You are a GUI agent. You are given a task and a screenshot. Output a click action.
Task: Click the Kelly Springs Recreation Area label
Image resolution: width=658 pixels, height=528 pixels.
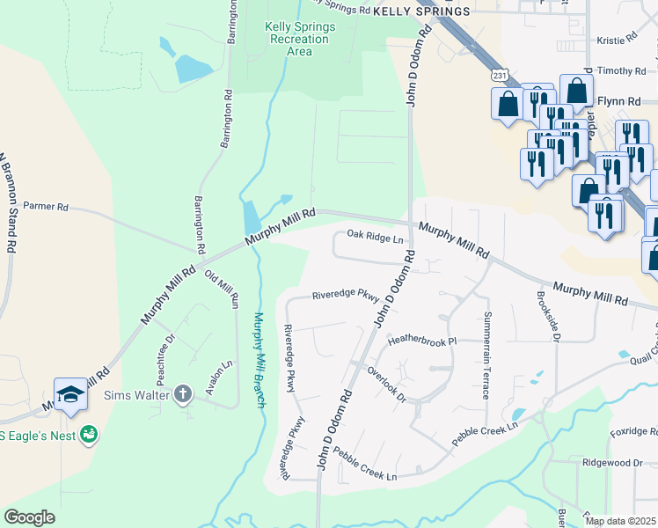tap(300, 39)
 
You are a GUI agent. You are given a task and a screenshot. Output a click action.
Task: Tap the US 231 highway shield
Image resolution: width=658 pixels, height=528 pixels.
tap(500, 77)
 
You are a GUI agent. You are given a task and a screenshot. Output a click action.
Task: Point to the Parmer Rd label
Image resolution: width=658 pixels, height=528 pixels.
tap(46, 207)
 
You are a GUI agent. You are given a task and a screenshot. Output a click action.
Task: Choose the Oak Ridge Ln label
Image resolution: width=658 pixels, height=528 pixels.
tap(375, 236)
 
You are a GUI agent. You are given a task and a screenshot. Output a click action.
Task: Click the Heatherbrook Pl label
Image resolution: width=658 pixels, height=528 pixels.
tap(423, 339)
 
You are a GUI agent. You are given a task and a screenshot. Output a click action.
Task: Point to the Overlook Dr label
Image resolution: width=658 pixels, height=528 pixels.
tap(386, 384)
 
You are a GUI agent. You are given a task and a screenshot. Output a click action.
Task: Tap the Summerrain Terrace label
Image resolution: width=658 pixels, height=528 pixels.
tap(486, 355)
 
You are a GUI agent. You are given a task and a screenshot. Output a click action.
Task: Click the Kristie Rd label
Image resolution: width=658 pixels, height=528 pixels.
tap(616, 40)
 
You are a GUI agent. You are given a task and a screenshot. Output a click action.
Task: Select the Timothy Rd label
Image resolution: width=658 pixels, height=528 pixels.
tap(621, 70)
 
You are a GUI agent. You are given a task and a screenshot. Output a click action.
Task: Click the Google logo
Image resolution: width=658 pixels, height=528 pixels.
tap(29, 517)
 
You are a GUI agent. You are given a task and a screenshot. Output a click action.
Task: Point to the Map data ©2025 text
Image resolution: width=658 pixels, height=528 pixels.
tap(620, 521)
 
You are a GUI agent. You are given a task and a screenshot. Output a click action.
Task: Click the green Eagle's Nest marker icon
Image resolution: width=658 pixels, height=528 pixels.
tap(88, 434)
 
